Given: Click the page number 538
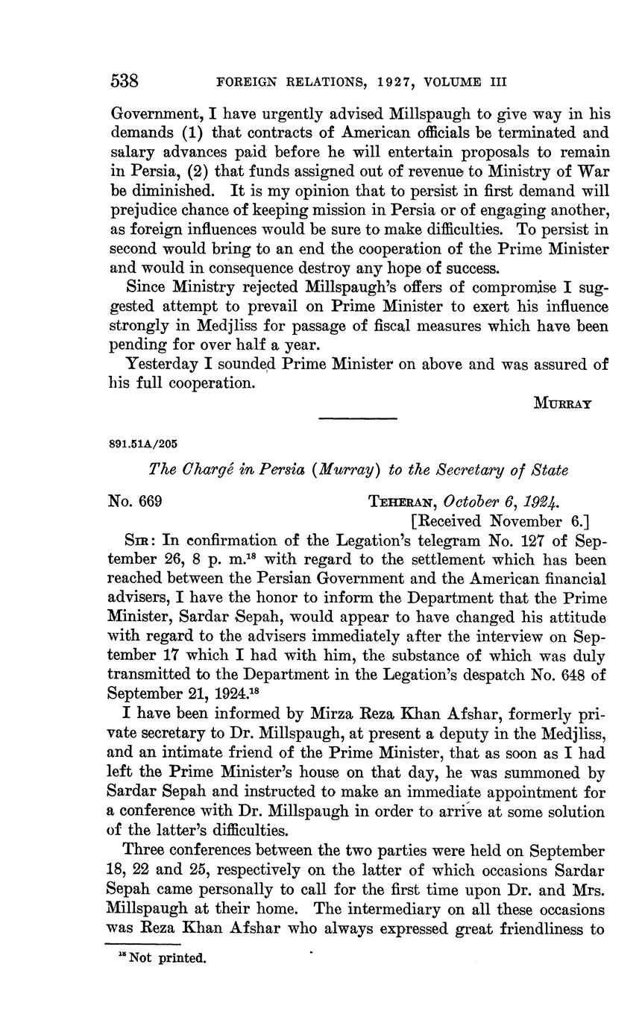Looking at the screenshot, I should coord(125,80).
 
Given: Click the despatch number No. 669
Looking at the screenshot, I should coord(136,502).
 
